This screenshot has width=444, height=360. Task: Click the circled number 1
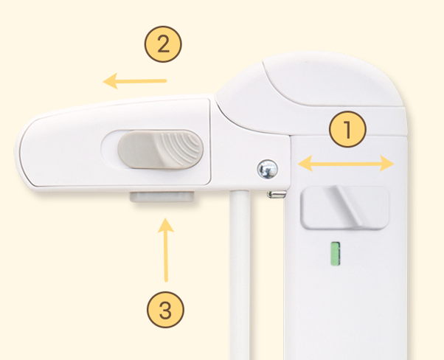347,129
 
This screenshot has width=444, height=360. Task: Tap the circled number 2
163,44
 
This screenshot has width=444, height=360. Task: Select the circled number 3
166,310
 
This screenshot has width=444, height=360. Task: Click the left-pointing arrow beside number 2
134,81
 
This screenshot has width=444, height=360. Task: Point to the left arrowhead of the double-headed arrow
305,164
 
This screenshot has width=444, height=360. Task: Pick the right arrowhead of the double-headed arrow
386,164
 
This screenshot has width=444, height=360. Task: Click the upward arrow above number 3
166,250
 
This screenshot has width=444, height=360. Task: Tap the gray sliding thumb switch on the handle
161,149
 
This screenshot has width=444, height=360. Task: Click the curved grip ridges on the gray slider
181,148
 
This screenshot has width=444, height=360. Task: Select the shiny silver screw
267,170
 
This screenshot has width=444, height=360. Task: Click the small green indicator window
336,254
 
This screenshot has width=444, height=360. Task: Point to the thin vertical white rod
240,274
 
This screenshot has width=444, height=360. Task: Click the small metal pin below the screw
277,194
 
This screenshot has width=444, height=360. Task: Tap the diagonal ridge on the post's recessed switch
347,205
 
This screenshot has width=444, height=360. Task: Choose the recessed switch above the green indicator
345,207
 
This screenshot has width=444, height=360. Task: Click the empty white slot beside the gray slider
110,149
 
